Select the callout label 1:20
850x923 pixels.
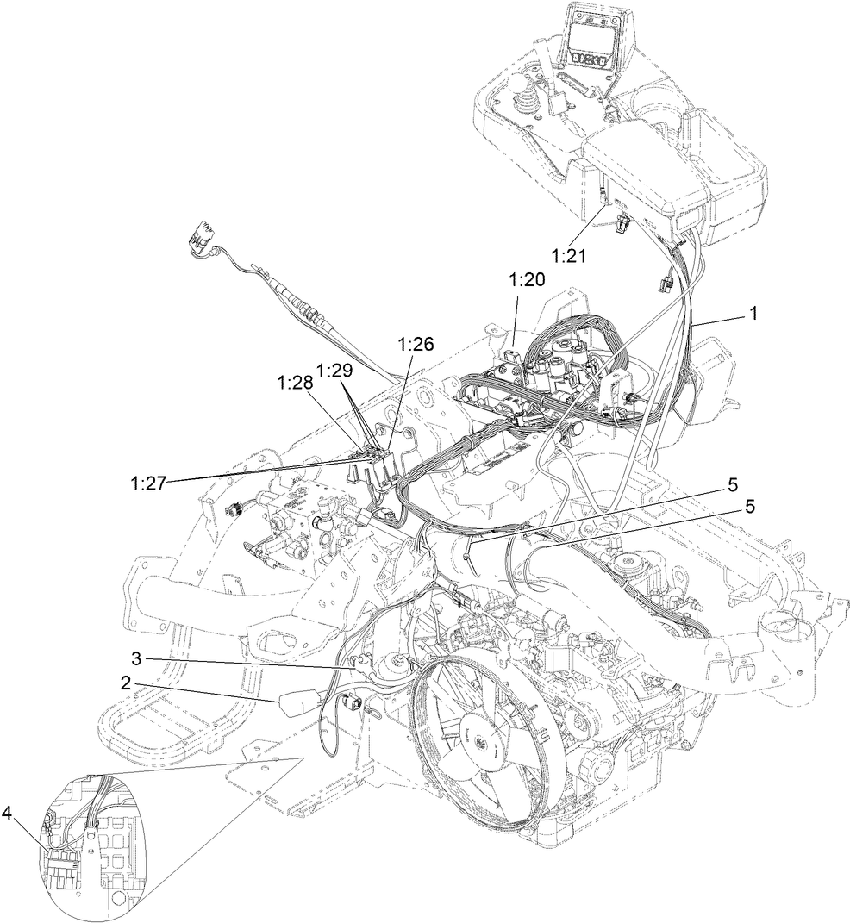click(x=528, y=280)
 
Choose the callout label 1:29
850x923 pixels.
click(x=335, y=370)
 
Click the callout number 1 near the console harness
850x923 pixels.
click(x=753, y=315)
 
